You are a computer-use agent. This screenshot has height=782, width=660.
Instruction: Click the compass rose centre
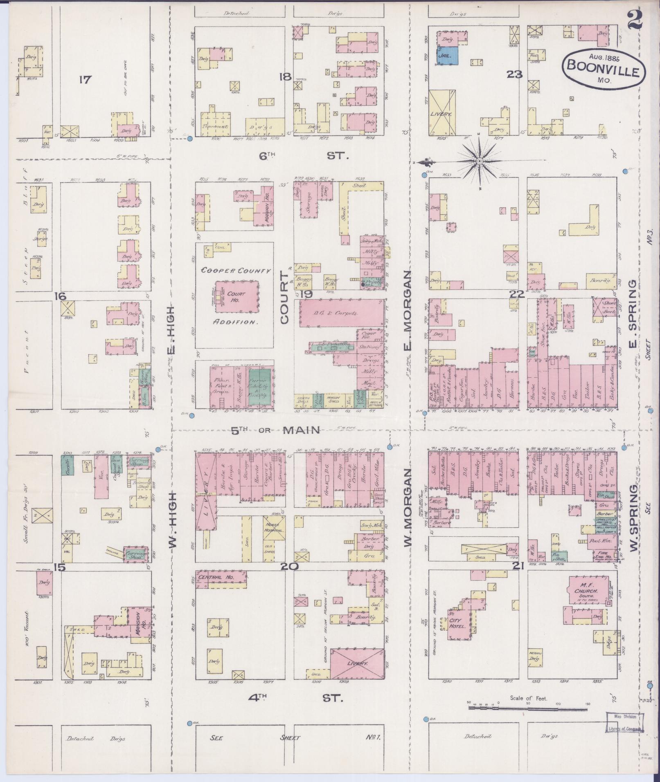pyautogui.click(x=479, y=162)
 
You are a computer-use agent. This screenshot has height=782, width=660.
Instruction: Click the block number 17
pyautogui.click(x=85, y=80)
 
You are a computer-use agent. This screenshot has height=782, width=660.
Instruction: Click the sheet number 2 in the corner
pyautogui.click(x=635, y=19)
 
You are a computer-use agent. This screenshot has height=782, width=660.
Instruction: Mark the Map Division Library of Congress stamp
pyautogui.click(x=625, y=722)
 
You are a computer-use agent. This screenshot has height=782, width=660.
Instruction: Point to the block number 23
pyautogui.click(x=515, y=74)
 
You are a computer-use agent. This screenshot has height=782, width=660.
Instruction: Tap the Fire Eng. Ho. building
pyautogui.click(x=605, y=556)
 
